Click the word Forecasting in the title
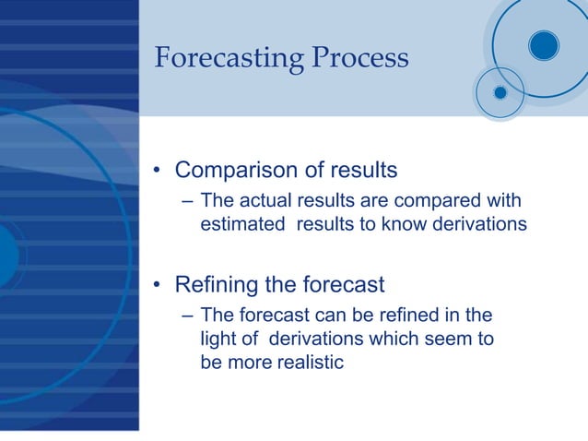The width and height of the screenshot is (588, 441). (x=227, y=58)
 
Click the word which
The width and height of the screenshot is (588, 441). (x=391, y=339)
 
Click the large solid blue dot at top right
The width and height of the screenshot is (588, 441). (x=544, y=44)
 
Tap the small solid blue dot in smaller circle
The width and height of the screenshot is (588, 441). (x=500, y=92)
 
